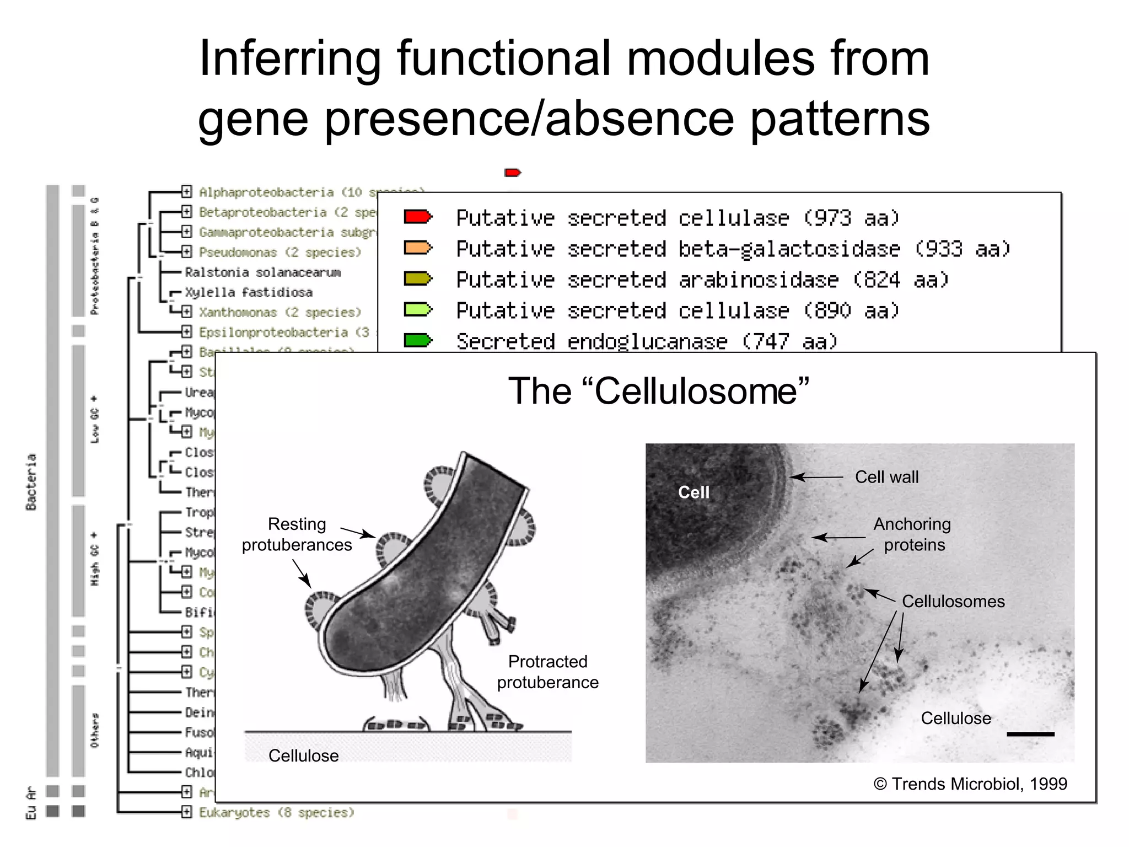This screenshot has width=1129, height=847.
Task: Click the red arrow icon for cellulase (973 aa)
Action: [417, 217]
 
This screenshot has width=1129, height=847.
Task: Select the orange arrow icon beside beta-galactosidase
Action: [417, 248]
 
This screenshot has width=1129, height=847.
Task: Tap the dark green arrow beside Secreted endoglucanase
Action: [417, 340]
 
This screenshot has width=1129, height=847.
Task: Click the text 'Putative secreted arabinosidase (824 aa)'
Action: [702, 280]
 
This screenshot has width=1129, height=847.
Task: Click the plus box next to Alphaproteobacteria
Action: [187, 192]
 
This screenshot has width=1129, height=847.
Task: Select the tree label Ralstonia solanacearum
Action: [262, 272]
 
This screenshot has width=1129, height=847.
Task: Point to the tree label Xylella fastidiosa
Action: [249, 292]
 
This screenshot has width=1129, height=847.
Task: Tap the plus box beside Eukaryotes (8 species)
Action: [187, 812]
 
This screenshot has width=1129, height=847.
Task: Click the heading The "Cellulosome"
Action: [658, 391]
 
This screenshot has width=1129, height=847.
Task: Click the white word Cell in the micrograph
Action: [693, 492]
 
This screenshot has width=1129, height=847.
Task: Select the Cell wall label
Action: [886, 477]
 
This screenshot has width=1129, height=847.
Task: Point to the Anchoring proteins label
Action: [913, 534]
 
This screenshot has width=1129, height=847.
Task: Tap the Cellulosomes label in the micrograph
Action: [953, 601]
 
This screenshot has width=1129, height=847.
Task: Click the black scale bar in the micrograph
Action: [1030, 734]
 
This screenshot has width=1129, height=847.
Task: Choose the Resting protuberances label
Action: [297, 534]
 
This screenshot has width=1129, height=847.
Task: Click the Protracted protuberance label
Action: [547, 672]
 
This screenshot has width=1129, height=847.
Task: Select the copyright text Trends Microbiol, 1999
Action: [970, 784]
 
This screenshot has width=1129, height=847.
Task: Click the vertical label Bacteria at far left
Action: [31, 481]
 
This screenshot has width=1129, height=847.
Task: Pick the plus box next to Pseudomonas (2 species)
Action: [187, 252]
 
